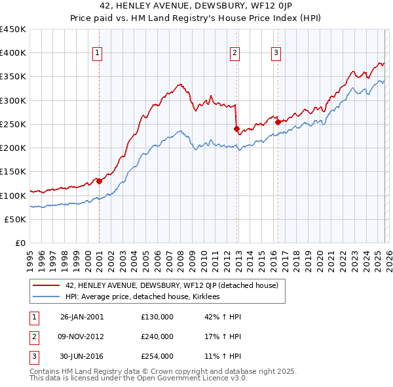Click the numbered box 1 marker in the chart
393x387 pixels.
pyautogui.click(x=97, y=53)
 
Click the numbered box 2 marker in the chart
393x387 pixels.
pyautogui.click(x=234, y=53)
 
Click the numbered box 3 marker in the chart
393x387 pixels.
pyautogui.click(x=276, y=53)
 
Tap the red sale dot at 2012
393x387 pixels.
pyautogui.click(x=236, y=129)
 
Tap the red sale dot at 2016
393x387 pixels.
pyautogui.click(x=278, y=122)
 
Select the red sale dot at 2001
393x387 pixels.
pyautogui.click(x=99, y=181)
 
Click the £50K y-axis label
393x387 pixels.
pyautogui.click(x=16, y=219)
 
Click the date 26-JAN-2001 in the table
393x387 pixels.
pyautogui.click(x=81, y=317)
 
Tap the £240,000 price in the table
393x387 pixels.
pyautogui.click(x=157, y=336)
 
